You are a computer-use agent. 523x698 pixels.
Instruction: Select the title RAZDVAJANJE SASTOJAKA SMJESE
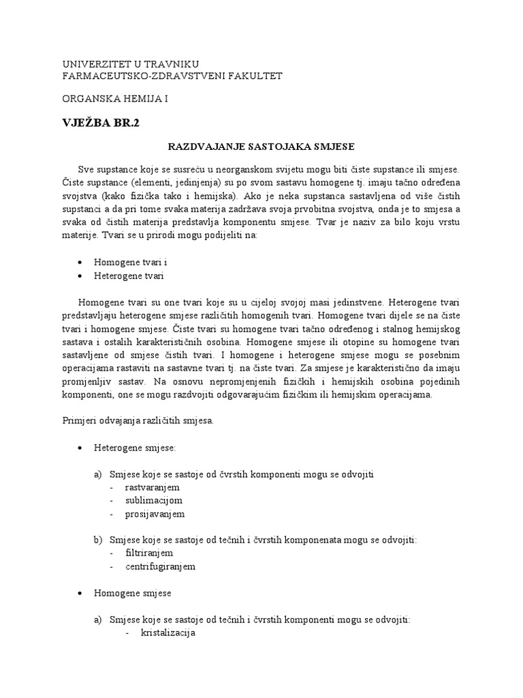click(261, 147)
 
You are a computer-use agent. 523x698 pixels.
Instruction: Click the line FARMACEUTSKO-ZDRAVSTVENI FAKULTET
click(172, 76)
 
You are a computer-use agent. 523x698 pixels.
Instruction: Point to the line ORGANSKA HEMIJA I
click(114, 99)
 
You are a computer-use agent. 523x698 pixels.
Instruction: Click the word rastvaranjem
click(152, 487)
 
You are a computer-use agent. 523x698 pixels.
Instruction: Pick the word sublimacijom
click(154, 500)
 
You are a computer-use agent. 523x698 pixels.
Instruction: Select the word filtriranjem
click(149, 553)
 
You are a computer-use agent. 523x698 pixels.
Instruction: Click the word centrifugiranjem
click(160, 566)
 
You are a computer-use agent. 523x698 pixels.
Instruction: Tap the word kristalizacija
click(168, 633)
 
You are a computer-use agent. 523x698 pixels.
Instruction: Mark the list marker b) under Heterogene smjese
click(97, 540)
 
